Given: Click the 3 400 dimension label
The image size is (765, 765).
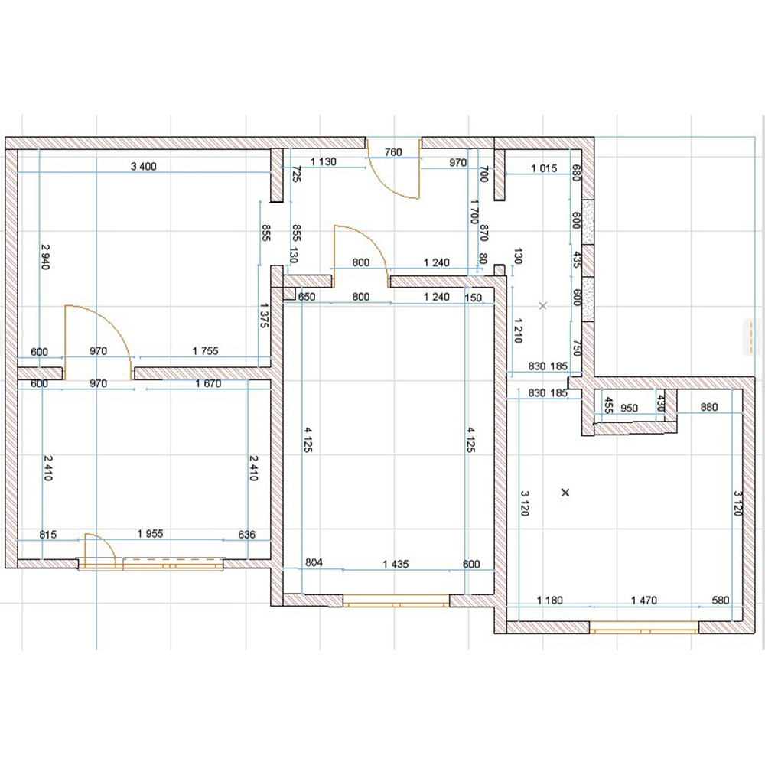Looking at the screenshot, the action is pyautogui.click(x=144, y=166).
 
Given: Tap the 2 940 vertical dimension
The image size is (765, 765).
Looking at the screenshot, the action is pyautogui.click(x=45, y=256).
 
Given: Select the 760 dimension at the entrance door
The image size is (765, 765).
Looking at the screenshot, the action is pyautogui.click(x=393, y=151).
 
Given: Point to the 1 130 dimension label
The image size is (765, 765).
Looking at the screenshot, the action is pyautogui.click(x=324, y=161).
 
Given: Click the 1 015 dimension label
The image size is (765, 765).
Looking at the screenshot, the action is pyautogui.click(x=544, y=168).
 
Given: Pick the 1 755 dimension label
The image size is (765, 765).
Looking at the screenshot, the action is pyautogui.click(x=205, y=351).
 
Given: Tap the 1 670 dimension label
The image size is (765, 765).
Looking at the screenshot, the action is pyautogui.click(x=208, y=383).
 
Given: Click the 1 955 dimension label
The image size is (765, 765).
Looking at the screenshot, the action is pyautogui.click(x=150, y=534).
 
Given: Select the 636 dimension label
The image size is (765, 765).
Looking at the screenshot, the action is pyautogui.click(x=247, y=534).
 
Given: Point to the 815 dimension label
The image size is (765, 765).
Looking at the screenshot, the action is pyautogui.click(x=47, y=534).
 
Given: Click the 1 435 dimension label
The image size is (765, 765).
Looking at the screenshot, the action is pyautogui.click(x=396, y=564).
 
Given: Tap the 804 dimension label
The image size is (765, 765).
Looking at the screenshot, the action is pyautogui.click(x=314, y=562).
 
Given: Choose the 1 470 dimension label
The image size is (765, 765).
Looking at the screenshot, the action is pyautogui.click(x=644, y=600).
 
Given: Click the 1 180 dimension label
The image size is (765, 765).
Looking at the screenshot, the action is pyautogui.click(x=550, y=600).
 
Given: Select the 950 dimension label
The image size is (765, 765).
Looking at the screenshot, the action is pyautogui.click(x=630, y=408).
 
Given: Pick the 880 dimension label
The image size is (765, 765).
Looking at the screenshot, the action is pyautogui.click(x=709, y=407).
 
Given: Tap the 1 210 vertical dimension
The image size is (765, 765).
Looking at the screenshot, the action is pyautogui.click(x=518, y=330).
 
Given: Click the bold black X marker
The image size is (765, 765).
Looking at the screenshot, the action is pyautogui.click(x=565, y=493).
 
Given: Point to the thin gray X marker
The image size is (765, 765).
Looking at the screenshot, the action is pyautogui.click(x=542, y=305).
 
